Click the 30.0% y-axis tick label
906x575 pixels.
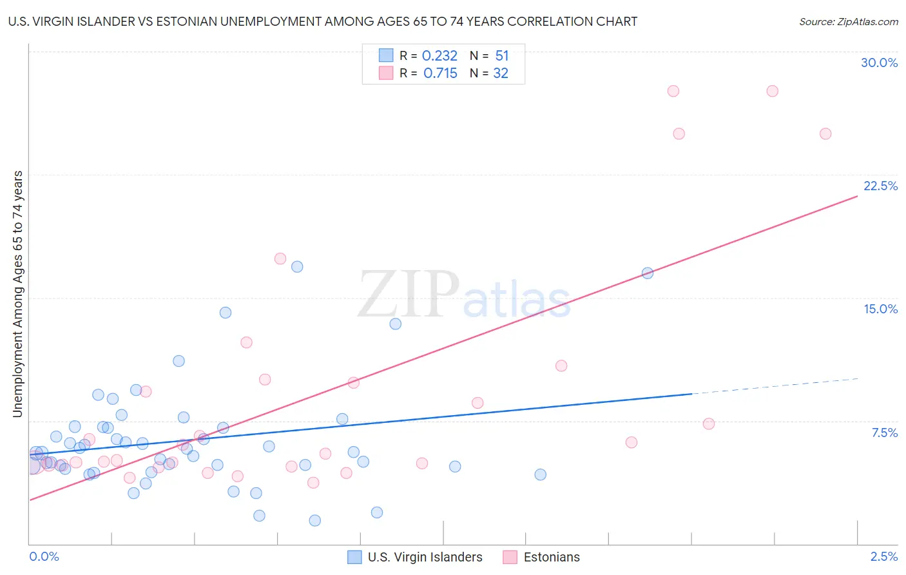(879, 63)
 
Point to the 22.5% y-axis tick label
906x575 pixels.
(880, 186)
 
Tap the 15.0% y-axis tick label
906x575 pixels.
(880, 309)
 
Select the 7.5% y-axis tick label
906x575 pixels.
(884, 433)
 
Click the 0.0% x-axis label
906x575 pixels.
(44, 556)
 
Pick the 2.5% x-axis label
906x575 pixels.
(883, 556)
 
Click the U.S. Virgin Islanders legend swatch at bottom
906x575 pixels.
(354, 557)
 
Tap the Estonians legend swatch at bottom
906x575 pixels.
(510, 557)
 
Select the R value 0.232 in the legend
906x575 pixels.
(439, 56)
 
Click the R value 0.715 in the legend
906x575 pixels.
(440, 73)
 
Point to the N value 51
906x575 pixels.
(502, 56)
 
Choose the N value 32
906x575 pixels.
(501, 73)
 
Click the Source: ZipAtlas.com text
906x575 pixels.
(848, 22)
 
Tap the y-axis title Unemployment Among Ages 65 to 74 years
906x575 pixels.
(18, 294)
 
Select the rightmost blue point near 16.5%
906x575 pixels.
(648, 273)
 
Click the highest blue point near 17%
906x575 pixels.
(297, 266)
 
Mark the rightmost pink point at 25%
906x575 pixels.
(825, 133)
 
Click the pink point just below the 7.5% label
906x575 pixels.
(709, 424)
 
